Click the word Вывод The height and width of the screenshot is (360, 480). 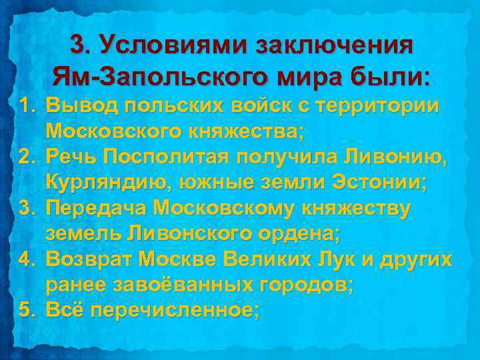click(85, 107)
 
